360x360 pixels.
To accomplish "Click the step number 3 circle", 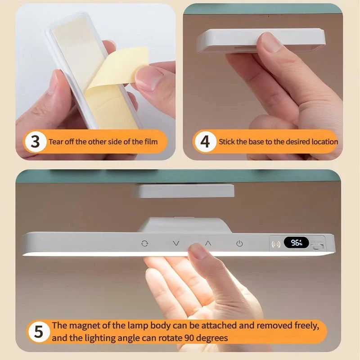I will [36, 142].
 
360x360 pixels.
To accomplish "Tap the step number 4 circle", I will [205, 142].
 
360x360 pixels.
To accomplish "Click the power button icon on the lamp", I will [239, 243].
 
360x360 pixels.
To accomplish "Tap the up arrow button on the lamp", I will [208, 243].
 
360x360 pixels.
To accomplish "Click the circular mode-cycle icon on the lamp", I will [144, 243].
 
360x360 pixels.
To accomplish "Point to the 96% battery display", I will [296, 243].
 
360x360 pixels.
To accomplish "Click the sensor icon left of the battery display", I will [276, 244].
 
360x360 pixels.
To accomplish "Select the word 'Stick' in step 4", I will [227, 142].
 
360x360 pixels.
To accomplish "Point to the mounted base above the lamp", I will [183, 191].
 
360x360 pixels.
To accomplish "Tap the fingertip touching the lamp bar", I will [197, 250].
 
